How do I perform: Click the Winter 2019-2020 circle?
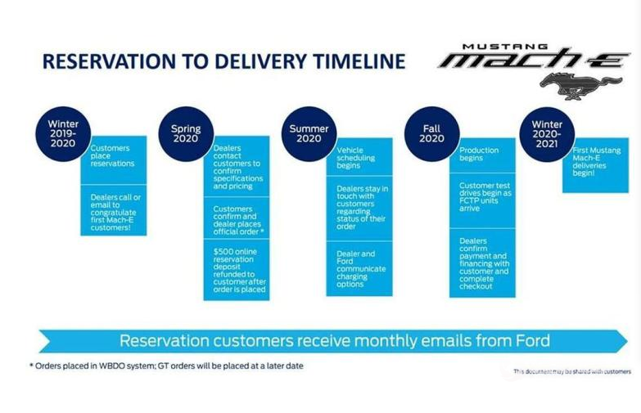click(x=63, y=134)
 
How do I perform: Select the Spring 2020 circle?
click(x=186, y=134)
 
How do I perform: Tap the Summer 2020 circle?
click(x=309, y=134)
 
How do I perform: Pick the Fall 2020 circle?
click(x=431, y=134)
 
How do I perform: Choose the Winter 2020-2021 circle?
click(x=547, y=134)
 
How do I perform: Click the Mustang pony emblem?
click(x=580, y=86)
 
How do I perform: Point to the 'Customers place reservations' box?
click(x=114, y=160)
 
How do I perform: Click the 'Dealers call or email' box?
click(x=114, y=210)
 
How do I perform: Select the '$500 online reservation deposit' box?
click(x=237, y=270)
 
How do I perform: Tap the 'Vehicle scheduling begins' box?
click(x=359, y=157)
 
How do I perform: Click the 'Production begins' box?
click(x=482, y=155)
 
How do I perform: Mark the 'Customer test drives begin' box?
click(x=482, y=200)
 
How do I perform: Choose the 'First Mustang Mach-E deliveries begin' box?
click(x=596, y=165)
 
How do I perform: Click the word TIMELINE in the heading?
click(x=359, y=61)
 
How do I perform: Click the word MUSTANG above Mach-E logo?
click(x=505, y=47)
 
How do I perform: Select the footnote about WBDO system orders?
click(x=166, y=366)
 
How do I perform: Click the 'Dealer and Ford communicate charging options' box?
click(x=359, y=269)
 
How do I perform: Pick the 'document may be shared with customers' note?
click(x=572, y=371)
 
